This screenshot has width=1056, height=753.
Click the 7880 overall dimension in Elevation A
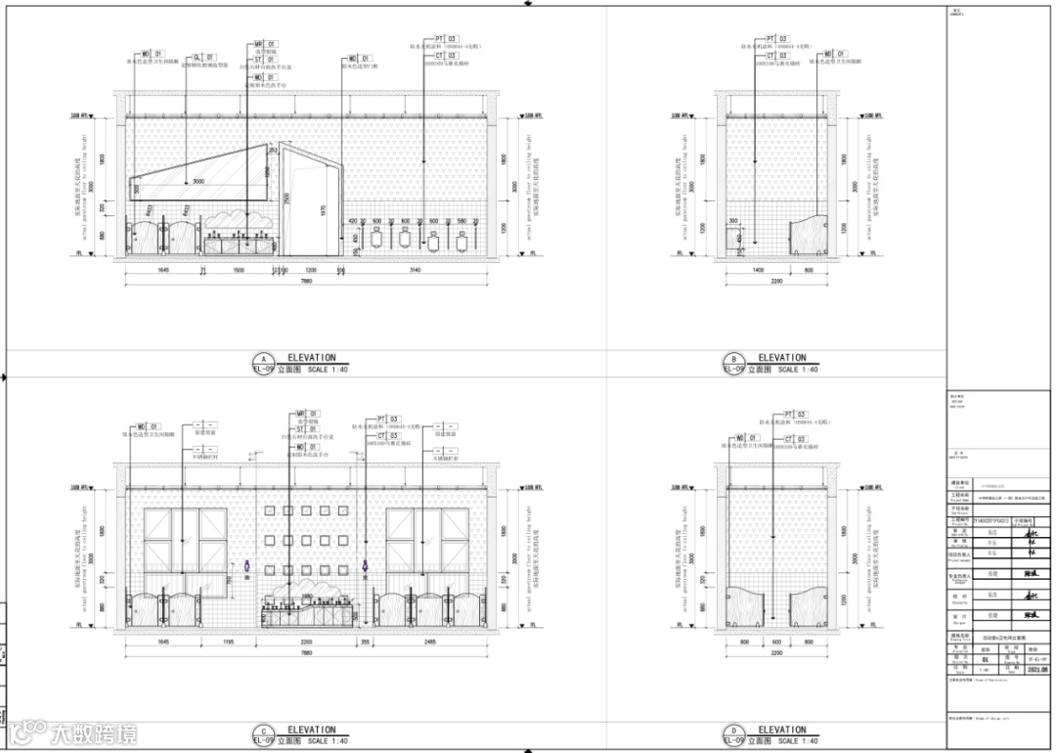(307, 282)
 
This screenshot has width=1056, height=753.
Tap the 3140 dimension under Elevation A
(415, 269)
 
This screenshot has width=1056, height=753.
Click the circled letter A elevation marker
(260, 359)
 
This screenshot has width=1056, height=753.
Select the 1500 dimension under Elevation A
(239, 269)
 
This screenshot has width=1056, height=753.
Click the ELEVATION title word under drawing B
(782, 358)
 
